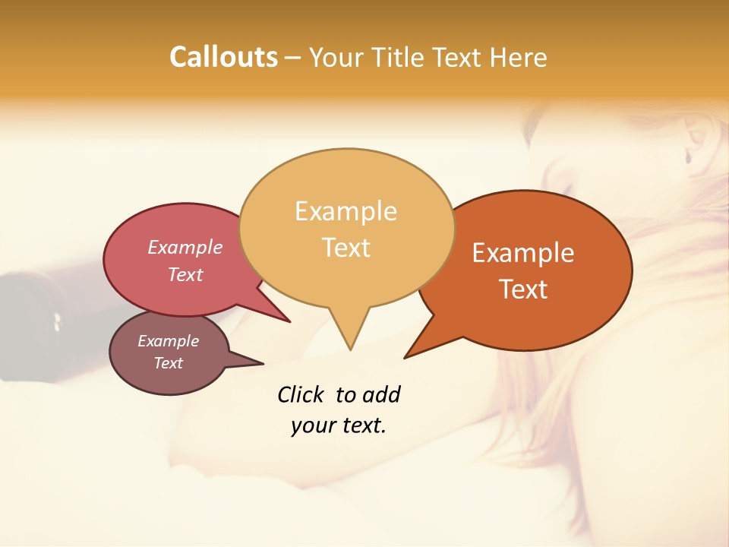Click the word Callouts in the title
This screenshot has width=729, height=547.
coord(223,57)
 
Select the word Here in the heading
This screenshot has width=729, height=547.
coord(519,57)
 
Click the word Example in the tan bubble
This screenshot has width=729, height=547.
coord(346,211)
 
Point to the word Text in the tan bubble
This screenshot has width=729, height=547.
coord(346,248)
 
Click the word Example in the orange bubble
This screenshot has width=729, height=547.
coord(523,253)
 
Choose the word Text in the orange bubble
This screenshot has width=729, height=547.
coord(524,289)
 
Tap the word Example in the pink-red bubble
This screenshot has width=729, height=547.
coord(185,247)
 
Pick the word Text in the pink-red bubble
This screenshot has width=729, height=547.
coord(185,274)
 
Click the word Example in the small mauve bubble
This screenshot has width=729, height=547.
coord(168,341)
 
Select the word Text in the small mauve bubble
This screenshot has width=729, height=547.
coord(169,363)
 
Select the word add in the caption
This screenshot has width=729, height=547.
coord(380,394)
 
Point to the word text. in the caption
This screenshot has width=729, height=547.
coord(361,425)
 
